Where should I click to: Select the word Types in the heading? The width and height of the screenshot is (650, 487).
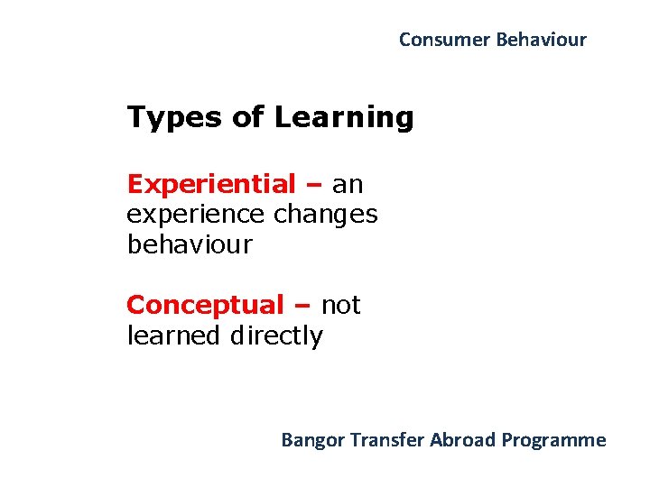tap(170, 118)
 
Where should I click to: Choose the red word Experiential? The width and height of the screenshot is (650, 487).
tap(211, 185)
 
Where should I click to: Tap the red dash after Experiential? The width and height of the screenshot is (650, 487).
tap(314, 186)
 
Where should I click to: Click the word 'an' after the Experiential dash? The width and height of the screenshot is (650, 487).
tap(348, 186)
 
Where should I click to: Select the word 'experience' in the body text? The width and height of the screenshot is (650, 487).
tap(195, 216)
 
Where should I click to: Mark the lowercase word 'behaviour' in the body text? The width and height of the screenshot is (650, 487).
tap(190, 245)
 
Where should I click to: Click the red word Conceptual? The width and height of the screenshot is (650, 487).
tap(205, 306)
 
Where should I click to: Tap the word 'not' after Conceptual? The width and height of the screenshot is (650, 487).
tap(340, 306)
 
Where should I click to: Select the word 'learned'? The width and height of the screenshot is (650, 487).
tap(173, 336)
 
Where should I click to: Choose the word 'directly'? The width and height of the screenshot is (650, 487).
tap(276, 336)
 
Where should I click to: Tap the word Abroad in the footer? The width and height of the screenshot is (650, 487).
tap(463, 440)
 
